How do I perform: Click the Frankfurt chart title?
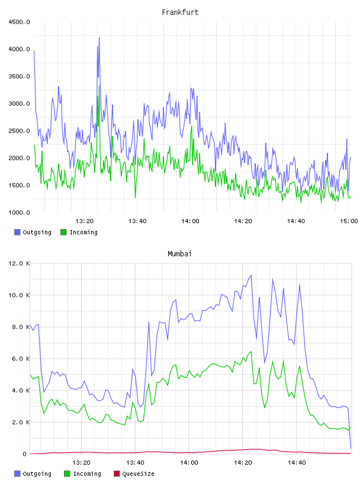180,12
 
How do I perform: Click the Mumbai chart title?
179,253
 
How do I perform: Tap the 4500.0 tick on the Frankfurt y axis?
19,22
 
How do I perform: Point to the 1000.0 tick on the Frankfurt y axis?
19,212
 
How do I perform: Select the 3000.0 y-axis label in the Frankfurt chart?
19,104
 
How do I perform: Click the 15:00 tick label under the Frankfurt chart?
349,221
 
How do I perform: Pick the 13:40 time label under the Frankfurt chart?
137,221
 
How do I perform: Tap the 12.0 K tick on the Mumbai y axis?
19,263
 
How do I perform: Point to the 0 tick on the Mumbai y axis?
24,454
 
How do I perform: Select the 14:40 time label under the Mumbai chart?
297,462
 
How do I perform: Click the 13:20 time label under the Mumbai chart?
81,462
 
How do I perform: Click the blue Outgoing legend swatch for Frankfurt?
17,232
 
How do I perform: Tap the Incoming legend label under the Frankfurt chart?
83,232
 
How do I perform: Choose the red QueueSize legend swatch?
117,474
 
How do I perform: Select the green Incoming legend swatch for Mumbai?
67,474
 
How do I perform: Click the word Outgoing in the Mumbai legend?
37,474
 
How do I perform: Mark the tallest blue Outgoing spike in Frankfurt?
99,38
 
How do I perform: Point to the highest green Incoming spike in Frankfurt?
99,86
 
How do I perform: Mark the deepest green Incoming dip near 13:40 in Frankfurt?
136,197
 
